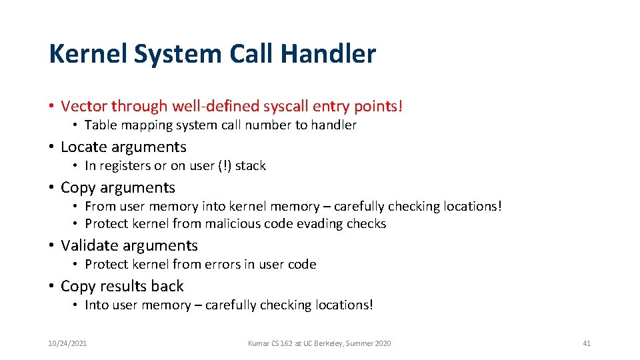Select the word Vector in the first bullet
(84, 106)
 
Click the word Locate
(85, 147)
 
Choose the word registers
(125, 166)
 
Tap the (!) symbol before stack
(225, 166)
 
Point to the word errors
(223, 265)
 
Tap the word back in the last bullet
(168, 286)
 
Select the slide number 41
(587, 343)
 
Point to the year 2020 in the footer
(383, 343)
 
